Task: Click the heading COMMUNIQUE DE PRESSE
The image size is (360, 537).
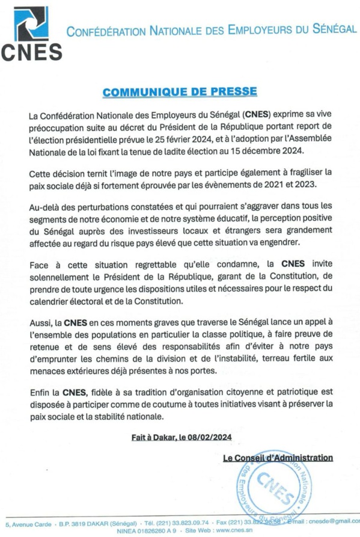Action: (x=180, y=92)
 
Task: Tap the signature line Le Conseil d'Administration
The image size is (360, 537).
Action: (x=277, y=458)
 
